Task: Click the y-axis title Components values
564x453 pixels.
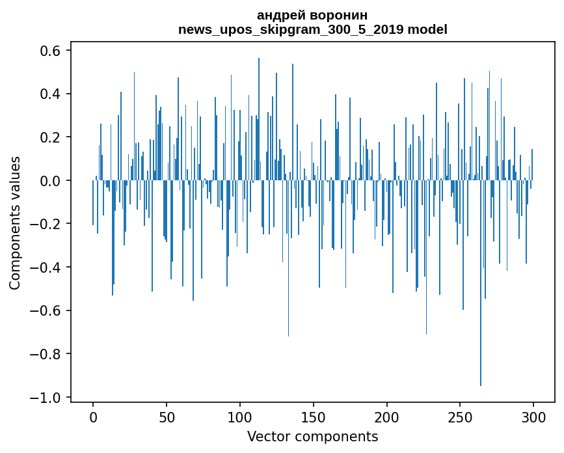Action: pyautogui.click(x=15, y=223)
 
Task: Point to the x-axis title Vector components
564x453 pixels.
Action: pyautogui.click(x=312, y=436)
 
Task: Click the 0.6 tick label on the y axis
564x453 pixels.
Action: pyautogui.click(x=51, y=51)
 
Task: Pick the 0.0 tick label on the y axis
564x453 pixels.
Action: pyautogui.click(x=51, y=181)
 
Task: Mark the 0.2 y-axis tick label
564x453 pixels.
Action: pyautogui.click(x=51, y=137)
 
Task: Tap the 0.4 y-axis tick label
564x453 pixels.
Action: pyautogui.click(x=51, y=94)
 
